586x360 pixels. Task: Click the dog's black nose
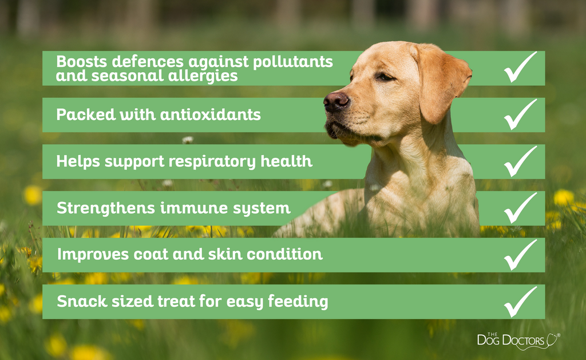336,101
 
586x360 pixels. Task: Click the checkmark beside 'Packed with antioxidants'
520,114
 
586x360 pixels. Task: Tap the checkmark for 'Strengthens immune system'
520,208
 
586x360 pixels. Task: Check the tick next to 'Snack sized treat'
520,301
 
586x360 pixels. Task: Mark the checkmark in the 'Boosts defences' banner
520,67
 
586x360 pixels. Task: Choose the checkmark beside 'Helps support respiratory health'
520,161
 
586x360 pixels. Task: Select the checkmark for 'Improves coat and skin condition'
520,255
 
